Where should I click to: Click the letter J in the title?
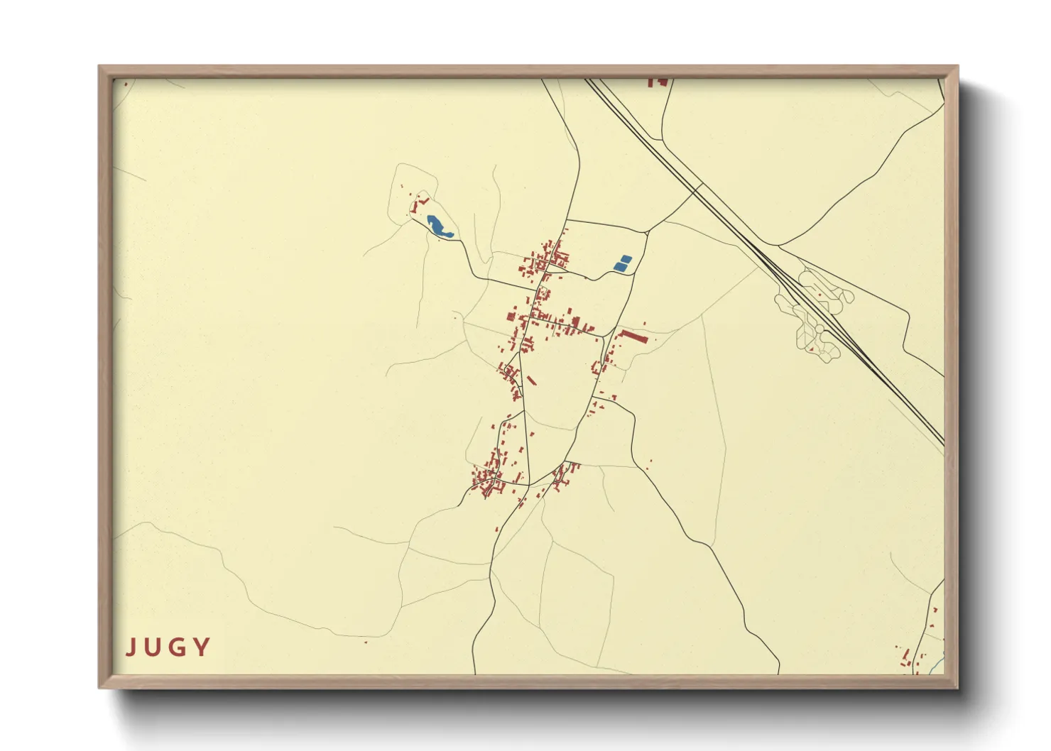pos(130,647)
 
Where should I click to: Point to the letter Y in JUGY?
pos(202,647)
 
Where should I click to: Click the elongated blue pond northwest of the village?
pos(439,226)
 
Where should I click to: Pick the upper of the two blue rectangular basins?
pos(625,259)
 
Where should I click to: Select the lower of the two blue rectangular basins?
pos(619,267)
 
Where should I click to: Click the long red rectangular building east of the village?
pos(633,336)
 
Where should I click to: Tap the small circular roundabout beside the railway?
pos(819,331)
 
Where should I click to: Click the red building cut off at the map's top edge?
pos(658,82)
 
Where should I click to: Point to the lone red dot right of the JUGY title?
pos(366,642)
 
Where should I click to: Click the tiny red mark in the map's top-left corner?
pos(126,84)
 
